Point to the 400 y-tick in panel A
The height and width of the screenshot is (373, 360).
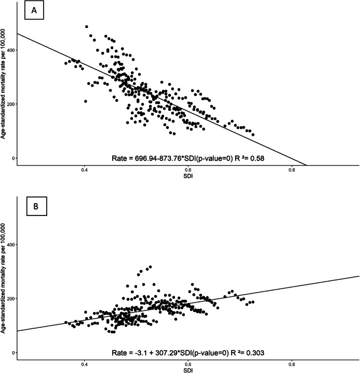10,50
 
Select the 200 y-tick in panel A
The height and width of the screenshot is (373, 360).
10,104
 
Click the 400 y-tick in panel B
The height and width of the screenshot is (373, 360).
10,244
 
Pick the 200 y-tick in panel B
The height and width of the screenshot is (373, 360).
10,299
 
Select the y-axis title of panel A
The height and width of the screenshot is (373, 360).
4,84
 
